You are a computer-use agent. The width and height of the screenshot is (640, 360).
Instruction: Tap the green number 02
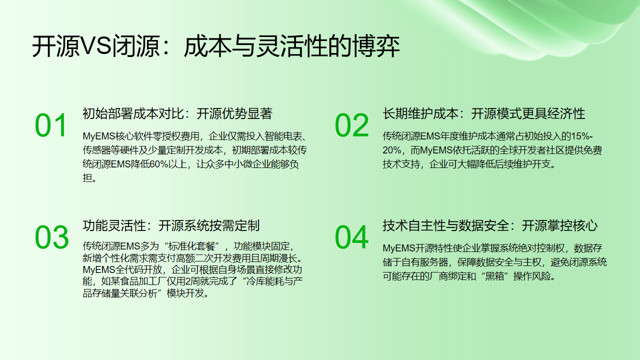tap(351, 126)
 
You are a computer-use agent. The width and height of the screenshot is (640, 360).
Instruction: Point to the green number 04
tap(351, 236)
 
